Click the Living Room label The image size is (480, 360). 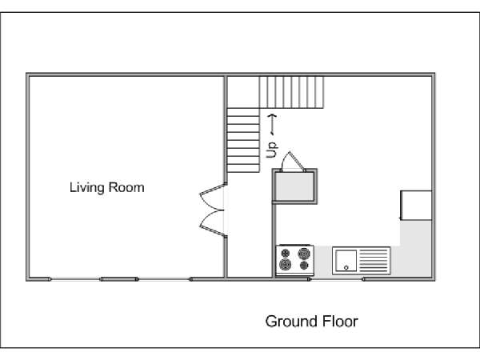[x=107, y=187]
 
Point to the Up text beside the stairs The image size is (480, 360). [x=272, y=150]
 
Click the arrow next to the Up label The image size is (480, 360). [x=272, y=125]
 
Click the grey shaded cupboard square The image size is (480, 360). [x=294, y=186]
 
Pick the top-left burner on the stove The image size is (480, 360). [x=286, y=253]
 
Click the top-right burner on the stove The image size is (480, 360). [x=304, y=254]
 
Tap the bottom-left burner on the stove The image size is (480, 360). [x=285, y=265]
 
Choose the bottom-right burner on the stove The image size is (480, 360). [x=304, y=265]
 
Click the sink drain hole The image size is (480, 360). [x=346, y=268]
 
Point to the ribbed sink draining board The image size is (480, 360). [x=373, y=261]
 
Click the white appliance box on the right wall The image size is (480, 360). [x=416, y=206]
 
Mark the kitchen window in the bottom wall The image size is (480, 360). [x=337, y=279]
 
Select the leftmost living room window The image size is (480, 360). [x=75, y=279]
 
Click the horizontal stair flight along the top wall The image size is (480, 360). [x=291, y=92]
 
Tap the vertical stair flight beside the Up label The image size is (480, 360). [x=243, y=140]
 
